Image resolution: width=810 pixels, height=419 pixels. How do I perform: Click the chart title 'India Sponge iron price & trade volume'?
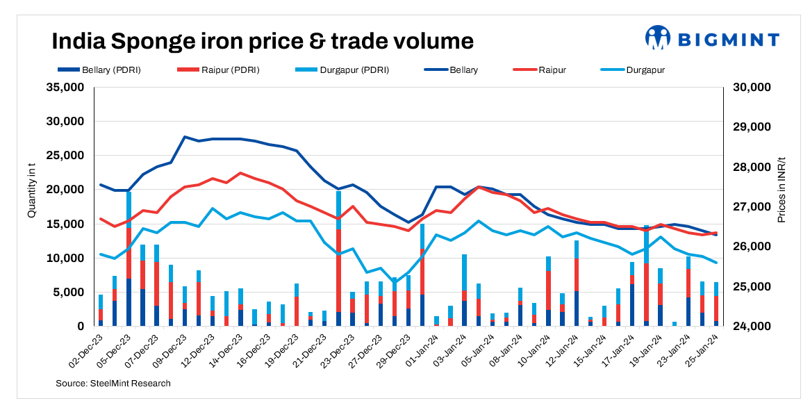(x=263, y=41)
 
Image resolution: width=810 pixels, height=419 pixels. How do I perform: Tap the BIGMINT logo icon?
(x=657, y=38)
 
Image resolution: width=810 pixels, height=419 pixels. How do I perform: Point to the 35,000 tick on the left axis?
(x=64, y=88)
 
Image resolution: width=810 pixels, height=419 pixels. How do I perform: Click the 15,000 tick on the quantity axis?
(x=64, y=224)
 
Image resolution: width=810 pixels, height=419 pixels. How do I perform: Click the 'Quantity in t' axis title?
(x=31, y=188)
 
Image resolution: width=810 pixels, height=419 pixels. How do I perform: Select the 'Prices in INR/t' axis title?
(x=782, y=189)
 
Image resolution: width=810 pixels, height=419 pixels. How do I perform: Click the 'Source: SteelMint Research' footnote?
(x=113, y=383)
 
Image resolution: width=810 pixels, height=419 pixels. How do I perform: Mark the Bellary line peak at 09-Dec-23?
(x=185, y=137)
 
